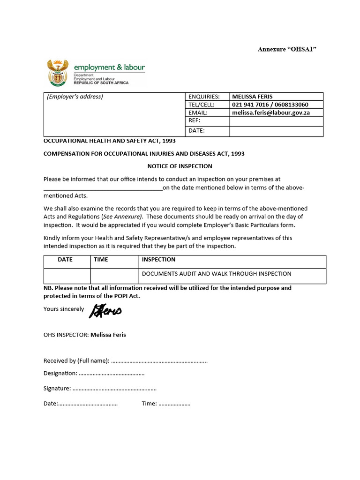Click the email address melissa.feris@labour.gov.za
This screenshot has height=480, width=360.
pos(270,113)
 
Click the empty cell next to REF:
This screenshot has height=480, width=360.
pos(276,121)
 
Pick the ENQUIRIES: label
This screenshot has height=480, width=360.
pos(204,97)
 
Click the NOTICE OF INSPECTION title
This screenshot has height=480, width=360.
pos(180,166)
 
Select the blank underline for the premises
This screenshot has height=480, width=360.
pos(103,188)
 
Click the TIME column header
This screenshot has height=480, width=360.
pos(101,259)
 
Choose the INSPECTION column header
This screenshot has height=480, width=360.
pos(158,259)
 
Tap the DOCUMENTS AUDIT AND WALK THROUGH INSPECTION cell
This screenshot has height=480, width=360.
pos(216,274)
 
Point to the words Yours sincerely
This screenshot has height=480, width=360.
pos(64,309)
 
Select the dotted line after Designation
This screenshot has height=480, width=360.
pos(112,373)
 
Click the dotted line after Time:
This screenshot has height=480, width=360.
pos(174,404)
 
